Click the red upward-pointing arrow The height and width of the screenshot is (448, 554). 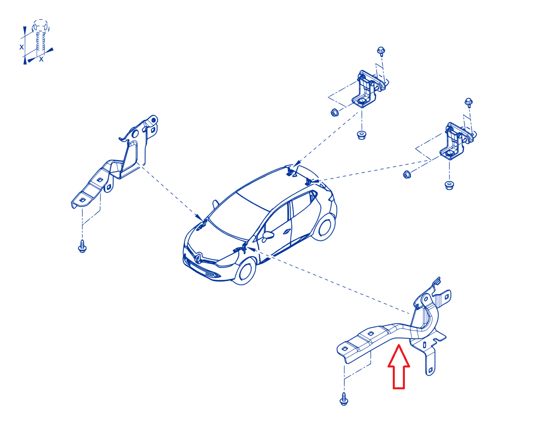click(398, 367)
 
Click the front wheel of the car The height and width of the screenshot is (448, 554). click(244, 271)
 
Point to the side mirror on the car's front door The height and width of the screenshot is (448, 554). click(268, 235)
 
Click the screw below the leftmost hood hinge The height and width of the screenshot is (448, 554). click(82, 246)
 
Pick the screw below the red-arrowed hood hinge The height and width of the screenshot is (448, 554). click(344, 399)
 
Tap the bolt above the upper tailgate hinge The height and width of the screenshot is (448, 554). click(381, 51)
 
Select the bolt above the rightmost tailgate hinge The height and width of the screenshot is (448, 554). click(468, 103)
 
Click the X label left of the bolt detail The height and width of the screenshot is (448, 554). click(21, 47)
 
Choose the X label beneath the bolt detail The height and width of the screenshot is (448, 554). click(41, 59)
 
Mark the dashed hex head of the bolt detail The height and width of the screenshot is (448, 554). click(40, 25)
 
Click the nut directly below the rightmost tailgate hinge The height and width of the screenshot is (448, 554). click(449, 185)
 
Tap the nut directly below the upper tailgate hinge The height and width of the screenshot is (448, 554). click(361, 135)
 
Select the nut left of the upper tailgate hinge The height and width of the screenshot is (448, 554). click(335, 113)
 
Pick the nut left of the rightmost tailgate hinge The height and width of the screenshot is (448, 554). click(407, 174)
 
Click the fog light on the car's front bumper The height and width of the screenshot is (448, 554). click(216, 275)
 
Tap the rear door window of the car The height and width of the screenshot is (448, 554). click(302, 205)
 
